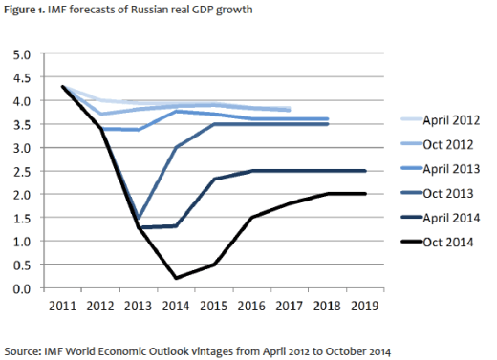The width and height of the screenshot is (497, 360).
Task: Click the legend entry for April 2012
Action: tap(439, 121)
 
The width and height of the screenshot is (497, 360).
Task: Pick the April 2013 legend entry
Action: tap(439, 170)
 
